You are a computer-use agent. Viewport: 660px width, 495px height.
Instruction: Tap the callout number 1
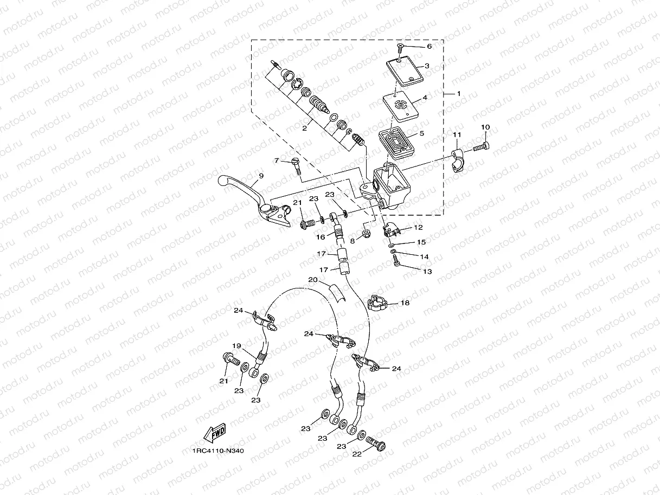coord(458,94)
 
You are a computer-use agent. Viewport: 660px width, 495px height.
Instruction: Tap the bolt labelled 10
coord(481,146)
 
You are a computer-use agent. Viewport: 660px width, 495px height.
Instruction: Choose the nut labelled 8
coord(366,234)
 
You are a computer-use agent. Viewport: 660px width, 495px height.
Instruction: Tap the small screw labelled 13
coord(396,262)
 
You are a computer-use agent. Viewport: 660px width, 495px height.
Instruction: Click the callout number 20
coord(312,280)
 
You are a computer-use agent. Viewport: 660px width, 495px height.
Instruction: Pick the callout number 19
coord(236,345)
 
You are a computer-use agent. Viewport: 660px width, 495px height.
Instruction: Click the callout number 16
coord(321,237)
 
